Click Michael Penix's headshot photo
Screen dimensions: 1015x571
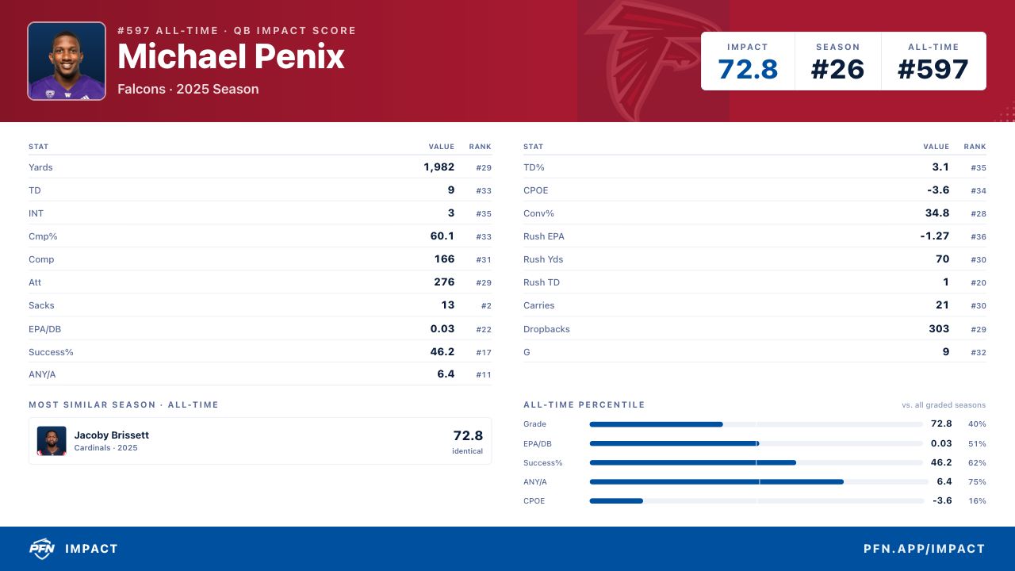point(67,61)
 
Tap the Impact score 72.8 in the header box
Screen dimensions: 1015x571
point(748,69)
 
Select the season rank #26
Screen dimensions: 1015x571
point(837,69)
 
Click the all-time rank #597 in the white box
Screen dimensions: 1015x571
point(933,69)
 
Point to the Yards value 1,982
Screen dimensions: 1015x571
point(439,167)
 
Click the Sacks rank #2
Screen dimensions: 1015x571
point(486,306)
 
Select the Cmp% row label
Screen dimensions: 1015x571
point(43,236)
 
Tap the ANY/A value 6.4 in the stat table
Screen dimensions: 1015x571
point(446,374)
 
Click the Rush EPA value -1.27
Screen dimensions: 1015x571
point(934,236)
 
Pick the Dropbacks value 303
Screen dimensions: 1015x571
point(939,328)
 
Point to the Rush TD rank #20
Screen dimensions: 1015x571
point(979,283)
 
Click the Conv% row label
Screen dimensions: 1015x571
point(538,213)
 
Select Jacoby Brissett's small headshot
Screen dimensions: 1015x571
point(52,441)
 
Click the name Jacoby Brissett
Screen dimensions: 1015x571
point(112,435)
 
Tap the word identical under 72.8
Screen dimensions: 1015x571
point(467,451)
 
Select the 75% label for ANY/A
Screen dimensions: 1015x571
point(977,481)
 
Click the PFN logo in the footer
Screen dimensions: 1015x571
point(42,549)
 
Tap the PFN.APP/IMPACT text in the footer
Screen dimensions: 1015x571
point(925,549)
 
